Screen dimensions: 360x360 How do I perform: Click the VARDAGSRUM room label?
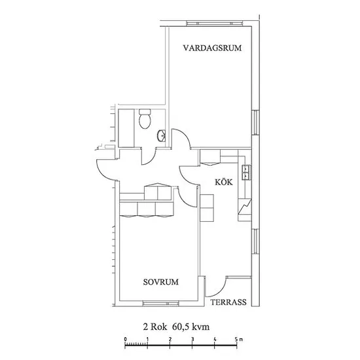tap(212, 48)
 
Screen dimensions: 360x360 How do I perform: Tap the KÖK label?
tap(224, 182)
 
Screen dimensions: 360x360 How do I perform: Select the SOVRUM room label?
tap(161, 282)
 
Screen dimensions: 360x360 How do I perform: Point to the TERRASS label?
tap(228, 302)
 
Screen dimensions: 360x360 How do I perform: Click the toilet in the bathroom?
tap(145, 118)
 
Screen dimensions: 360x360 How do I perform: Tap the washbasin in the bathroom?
tap(162, 136)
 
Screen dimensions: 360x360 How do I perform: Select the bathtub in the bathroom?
tap(126, 128)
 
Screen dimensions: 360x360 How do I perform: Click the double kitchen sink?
tap(247, 172)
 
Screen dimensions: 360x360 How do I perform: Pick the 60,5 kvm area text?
tap(190, 327)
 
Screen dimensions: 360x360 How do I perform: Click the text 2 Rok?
tap(155, 327)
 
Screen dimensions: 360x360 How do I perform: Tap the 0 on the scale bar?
tap(125, 339)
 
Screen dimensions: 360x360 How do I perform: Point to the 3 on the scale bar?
tap(192, 339)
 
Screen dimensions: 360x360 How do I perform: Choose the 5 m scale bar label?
tap(239, 339)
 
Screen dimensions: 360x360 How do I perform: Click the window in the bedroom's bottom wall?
tap(160, 304)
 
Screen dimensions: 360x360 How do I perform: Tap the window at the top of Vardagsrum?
tap(215, 24)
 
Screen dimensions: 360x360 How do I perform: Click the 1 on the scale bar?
tap(147, 339)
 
